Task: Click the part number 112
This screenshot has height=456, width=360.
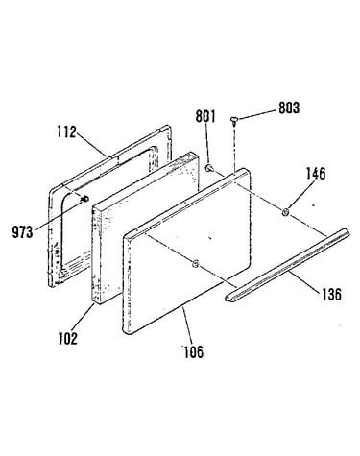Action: click(67, 132)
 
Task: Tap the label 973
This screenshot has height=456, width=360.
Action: click(22, 232)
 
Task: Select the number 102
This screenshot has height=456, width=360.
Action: click(68, 339)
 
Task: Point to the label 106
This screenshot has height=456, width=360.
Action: click(193, 352)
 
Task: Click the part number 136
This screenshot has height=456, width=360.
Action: click(332, 294)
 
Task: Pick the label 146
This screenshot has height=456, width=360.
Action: click(316, 174)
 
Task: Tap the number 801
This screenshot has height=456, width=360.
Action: click(205, 116)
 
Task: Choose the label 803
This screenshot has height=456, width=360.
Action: click(289, 108)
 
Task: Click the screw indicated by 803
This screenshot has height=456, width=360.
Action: click(233, 121)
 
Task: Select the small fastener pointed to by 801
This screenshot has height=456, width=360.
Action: click(209, 168)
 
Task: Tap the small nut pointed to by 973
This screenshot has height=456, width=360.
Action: click(84, 199)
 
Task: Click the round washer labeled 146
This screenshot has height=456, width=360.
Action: click(285, 212)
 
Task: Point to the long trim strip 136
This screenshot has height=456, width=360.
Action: click(288, 265)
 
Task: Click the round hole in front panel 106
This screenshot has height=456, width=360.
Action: click(195, 264)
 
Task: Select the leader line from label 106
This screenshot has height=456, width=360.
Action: click(188, 326)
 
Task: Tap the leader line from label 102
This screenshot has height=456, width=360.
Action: click(84, 319)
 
